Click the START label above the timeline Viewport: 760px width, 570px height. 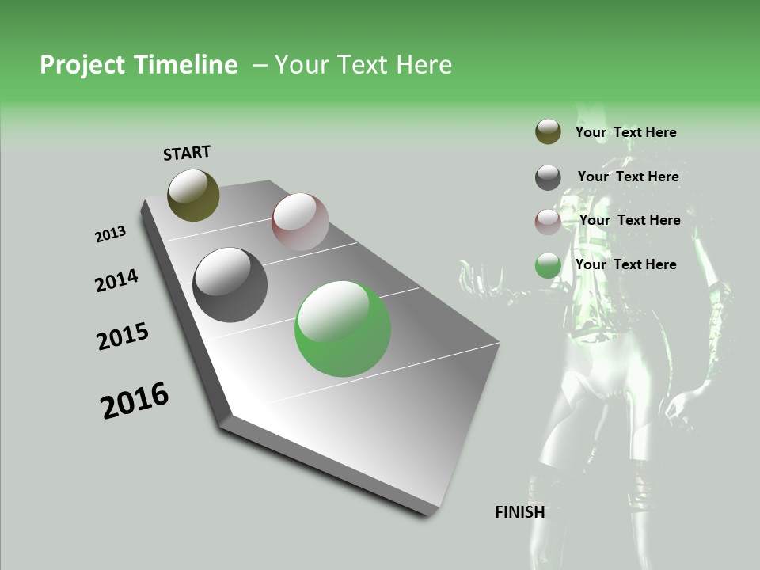(187, 153)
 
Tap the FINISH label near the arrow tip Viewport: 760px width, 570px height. (519, 512)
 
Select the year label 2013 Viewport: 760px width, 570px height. (111, 234)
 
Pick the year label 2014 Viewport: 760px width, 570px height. (117, 281)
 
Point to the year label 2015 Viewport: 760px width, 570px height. (123, 336)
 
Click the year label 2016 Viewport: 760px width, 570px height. (135, 401)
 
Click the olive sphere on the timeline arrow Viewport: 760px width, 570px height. (193, 195)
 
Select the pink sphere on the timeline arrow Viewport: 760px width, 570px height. (300, 221)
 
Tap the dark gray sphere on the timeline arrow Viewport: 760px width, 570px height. (230, 285)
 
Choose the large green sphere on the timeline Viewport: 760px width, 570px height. (342, 329)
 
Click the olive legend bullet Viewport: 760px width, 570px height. (548, 131)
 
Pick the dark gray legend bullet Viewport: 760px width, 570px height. (548, 177)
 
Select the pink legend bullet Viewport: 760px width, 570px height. (548, 222)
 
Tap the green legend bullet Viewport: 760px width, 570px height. (548, 266)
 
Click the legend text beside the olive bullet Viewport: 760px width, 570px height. (625, 132)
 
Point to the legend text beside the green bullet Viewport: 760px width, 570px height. (625, 264)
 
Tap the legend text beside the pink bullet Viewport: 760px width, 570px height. (629, 220)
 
